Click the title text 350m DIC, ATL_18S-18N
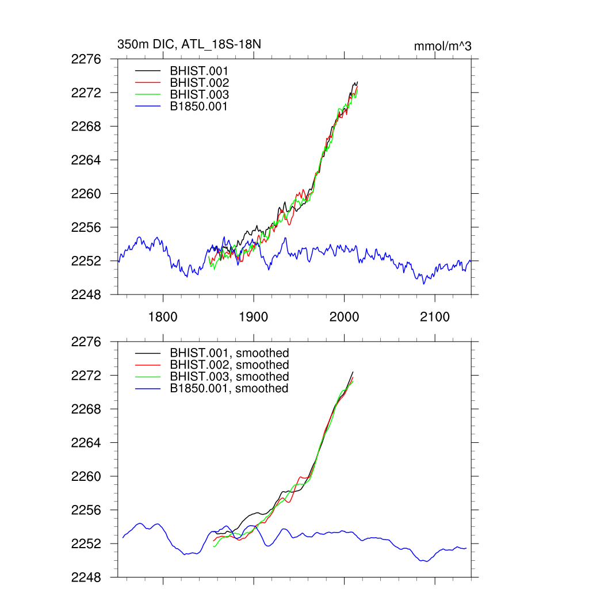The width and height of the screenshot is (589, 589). click(x=189, y=44)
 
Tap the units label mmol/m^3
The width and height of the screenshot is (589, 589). click(x=442, y=46)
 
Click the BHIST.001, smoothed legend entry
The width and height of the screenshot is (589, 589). click(x=229, y=353)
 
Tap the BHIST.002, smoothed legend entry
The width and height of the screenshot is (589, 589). click(x=229, y=365)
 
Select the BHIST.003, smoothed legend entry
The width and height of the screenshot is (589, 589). click(x=229, y=376)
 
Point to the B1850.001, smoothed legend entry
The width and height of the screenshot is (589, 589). click(x=229, y=388)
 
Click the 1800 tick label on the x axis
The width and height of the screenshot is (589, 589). click(x=163, y=317)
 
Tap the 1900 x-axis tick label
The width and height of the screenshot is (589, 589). click(x=254, y=317)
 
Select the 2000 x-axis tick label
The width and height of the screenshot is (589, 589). click(x=344, y=317)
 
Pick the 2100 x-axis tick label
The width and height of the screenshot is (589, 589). click(x=435, y=317)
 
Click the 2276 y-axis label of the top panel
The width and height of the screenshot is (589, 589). click(x=86, y=59)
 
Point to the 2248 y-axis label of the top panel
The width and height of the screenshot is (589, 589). click(x=86, y=294)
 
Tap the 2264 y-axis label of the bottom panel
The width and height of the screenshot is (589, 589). click(x=86, y=443)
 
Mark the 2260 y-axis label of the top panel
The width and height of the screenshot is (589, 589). click(x=86, y=194)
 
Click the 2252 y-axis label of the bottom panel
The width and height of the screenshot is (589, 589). click(x=86, y=544)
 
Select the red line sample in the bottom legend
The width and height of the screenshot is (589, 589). click(x=147, y=365)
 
